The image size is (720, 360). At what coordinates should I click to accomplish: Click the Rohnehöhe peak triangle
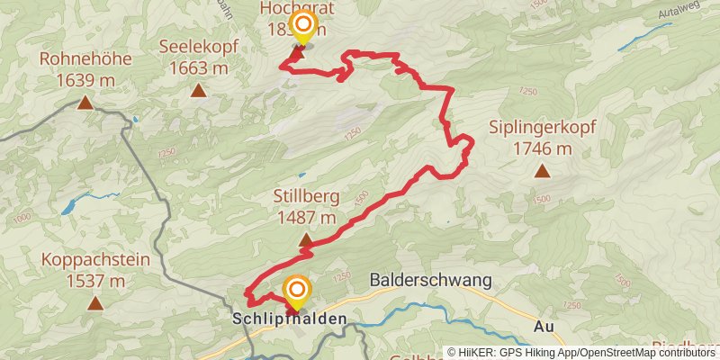[85, 103]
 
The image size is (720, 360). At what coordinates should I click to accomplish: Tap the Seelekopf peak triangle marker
[197, 89]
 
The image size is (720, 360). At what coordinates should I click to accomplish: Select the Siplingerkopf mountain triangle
[542, 170]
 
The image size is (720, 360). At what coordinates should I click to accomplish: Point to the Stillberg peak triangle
[306, 240]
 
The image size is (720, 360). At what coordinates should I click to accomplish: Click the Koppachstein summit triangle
[94, 303]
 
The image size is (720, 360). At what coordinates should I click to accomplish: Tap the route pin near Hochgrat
[303, 27]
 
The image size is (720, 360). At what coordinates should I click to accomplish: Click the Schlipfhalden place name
[289, 319]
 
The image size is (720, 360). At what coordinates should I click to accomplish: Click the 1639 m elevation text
[85, 80]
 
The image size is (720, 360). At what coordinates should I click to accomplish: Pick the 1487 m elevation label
[306, 217]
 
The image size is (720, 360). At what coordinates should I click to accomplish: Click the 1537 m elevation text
[94, 281]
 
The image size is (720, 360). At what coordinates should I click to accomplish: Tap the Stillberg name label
[306, 196]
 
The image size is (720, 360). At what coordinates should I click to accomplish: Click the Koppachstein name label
[94, 260]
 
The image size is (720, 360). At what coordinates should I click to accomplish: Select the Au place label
[543, 326]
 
